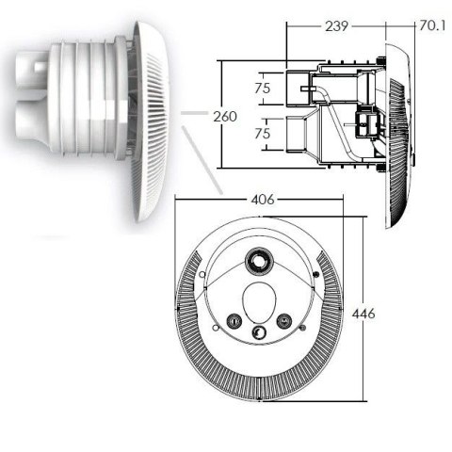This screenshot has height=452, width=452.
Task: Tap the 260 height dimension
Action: pyautogui.click(x=225, y=116)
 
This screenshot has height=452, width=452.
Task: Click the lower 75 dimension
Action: pyautogui.click(x=265, y=135)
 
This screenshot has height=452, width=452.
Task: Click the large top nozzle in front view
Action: pyautogui.click(x=257, y=261)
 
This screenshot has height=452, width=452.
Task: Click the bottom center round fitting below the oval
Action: pyautogui.click(x=259, y=331)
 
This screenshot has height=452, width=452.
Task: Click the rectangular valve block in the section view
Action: pyautogui.click(x=362, y=122)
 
